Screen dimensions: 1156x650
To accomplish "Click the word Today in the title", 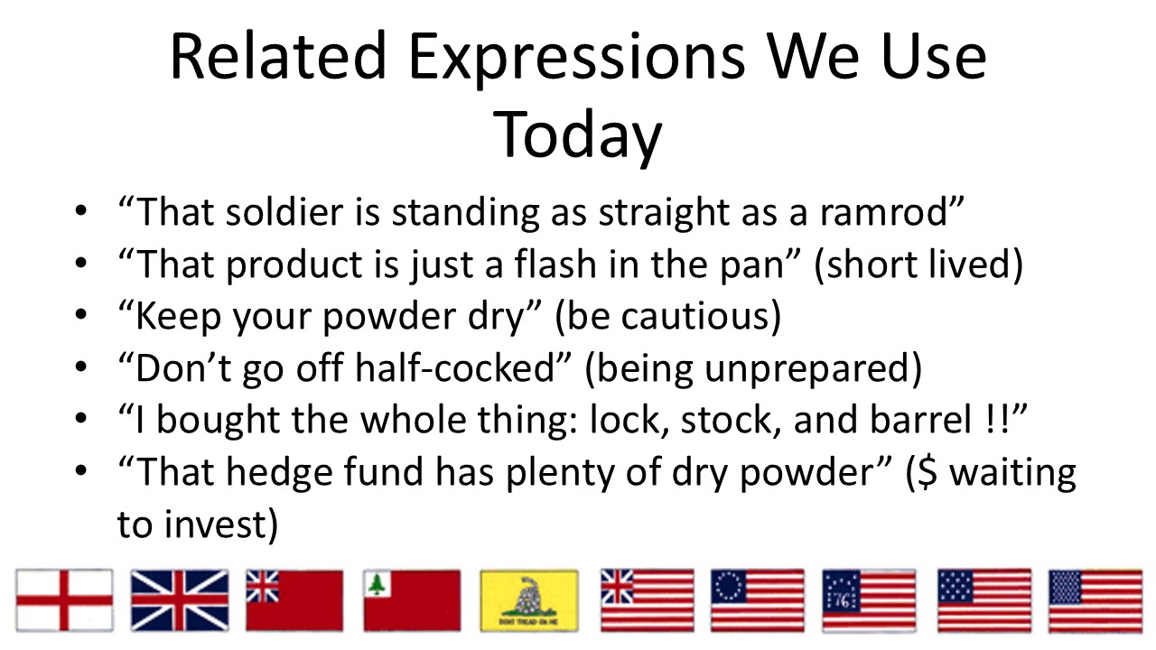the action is (x=577, y=135).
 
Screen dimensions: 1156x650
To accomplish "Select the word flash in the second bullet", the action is (x=555, y=264).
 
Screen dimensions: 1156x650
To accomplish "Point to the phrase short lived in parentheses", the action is (x=918, y=265).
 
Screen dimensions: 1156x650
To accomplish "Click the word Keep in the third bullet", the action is (x=179, y=316).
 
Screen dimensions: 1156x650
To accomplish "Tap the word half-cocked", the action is (x=454, y=367).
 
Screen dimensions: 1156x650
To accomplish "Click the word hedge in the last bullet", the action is (x=279, y=472).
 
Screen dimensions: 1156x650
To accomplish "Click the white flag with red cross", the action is (x=64, y=600).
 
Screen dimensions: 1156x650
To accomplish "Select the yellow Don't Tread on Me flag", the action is (x=529, y=600).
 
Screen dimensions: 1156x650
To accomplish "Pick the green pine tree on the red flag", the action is (x=377, y=584).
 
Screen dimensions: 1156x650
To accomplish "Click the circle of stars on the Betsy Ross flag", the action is (x=729, y=587).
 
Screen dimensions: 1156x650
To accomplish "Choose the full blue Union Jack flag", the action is (x=180, y=600).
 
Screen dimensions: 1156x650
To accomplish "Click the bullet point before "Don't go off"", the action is (x=81, y=367).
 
